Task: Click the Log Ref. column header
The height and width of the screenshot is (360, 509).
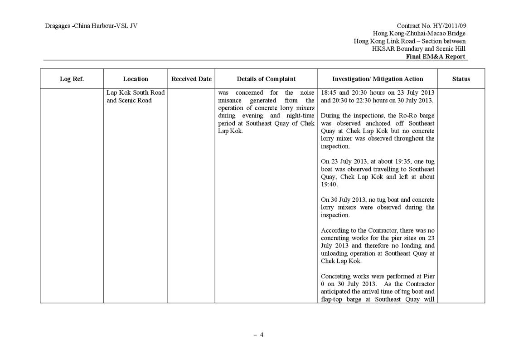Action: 72,79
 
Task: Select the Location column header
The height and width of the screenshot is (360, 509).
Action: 135,79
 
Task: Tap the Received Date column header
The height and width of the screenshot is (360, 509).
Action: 191,79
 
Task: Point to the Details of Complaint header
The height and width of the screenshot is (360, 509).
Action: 266,79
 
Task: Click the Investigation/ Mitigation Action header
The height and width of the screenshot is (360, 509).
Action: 378,79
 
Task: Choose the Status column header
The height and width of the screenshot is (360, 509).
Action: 461,79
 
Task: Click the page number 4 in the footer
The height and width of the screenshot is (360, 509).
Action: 261,335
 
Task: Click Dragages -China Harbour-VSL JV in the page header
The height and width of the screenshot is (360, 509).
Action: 91,26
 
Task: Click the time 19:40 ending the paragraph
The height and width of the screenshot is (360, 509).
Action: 329,185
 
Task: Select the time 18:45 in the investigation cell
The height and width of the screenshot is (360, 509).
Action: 329,92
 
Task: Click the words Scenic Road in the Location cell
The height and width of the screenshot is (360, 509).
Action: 136,100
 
